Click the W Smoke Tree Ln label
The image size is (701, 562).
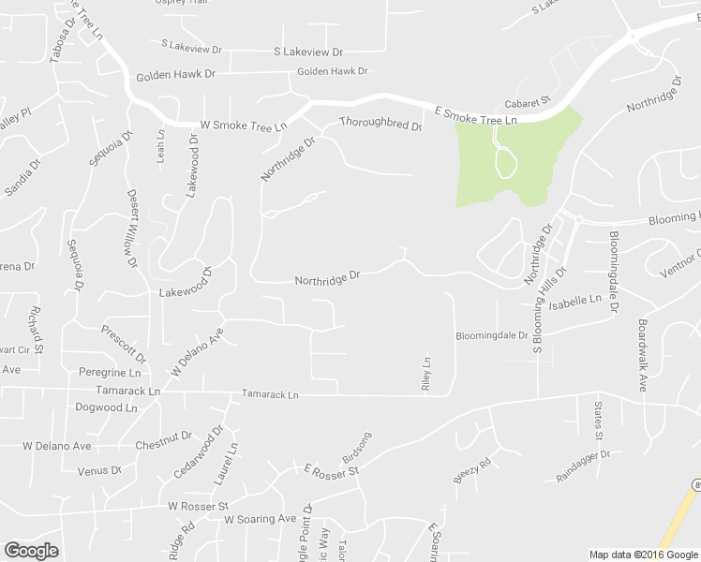(243, 125)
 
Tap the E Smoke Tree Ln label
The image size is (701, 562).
(476, 115)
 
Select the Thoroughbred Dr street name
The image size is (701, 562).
(380, 123)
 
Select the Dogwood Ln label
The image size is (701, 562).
(106, 407)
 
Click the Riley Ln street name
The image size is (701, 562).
(425, 374)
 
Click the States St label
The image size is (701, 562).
(598, 420)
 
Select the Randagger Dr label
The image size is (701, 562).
(582, 465)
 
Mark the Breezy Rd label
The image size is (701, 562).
(472, 470)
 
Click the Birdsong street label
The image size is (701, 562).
(357, 447)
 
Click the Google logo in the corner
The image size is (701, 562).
(32, 550)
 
